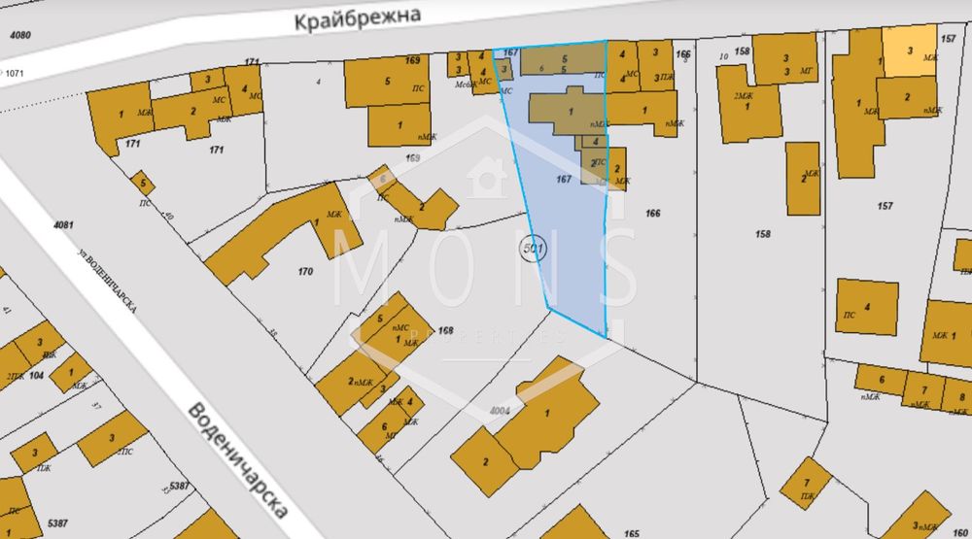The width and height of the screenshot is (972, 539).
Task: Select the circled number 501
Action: [534, 249]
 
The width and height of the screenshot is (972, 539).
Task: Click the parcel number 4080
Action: [19, 36]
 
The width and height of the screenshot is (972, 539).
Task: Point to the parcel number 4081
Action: [63, 225]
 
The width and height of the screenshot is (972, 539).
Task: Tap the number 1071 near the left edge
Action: [16, 73]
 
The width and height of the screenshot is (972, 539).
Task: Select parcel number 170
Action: [305, 271]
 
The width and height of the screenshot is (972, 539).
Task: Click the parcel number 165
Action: [633, 533]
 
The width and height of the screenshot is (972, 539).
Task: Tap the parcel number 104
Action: [37, 374]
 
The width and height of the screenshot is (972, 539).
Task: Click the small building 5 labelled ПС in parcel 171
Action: [143, 183]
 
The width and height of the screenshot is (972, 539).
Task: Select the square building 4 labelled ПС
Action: [866, 307]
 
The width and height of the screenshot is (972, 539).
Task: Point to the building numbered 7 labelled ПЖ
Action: [806, 484]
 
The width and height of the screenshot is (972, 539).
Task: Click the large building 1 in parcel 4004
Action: [549, 408]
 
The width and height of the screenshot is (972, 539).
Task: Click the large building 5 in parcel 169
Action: [387, 82]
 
